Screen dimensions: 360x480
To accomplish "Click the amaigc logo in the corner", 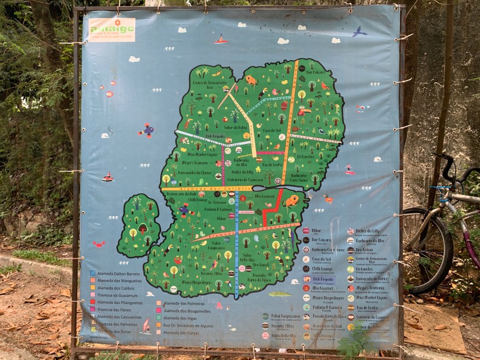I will click(111, 29).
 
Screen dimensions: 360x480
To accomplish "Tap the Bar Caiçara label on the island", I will click(315, 73).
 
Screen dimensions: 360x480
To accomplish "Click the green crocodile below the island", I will click(280, 294).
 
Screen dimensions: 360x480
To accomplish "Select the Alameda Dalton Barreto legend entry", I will click(117, 273).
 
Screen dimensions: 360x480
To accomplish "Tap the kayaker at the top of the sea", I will click(221, 39).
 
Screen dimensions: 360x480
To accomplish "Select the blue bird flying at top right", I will click(359, 32).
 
